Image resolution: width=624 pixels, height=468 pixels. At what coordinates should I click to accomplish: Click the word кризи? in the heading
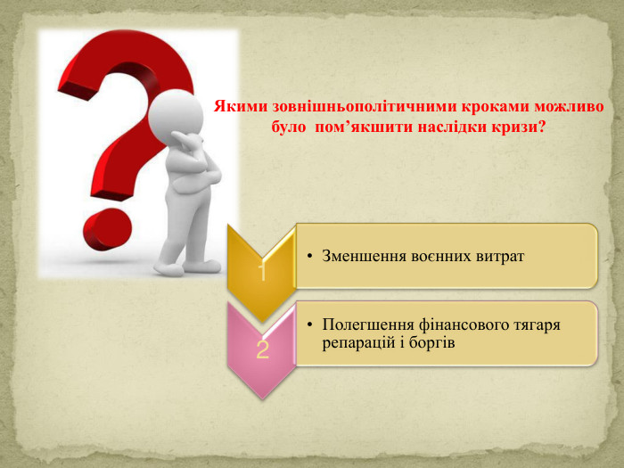(519, 127)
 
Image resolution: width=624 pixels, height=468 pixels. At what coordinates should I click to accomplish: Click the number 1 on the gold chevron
(262, 271)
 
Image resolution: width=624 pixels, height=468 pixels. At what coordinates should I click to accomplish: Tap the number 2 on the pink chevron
(262, 349)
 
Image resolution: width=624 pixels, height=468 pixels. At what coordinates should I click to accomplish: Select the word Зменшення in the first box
(362, 256)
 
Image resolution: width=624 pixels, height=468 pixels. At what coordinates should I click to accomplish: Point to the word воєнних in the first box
(438, 256)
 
